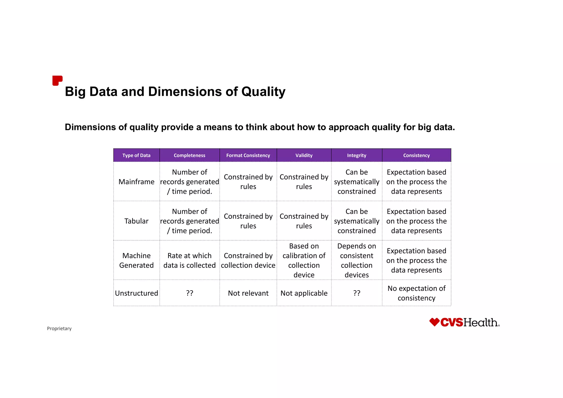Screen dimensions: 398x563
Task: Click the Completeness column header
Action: point(189,155)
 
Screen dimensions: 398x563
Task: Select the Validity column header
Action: point(304,155)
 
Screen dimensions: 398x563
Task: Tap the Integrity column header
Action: point(357,155)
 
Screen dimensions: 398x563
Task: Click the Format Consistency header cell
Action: point(248,155)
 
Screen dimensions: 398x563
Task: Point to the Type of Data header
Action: point(136,155)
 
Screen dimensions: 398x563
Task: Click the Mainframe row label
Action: point(136,182)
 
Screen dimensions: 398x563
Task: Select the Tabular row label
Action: point(136,221)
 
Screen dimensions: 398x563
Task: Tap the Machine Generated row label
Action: point(136,260)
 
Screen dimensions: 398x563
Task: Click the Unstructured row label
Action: point(136,293)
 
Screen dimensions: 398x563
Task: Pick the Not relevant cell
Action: point(248,293)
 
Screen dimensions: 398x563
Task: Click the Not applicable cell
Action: point(304,293)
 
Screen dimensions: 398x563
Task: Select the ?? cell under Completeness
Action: point(189,293)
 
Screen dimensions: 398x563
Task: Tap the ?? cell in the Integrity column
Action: point(357,293)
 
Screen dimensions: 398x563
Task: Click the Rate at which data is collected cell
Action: point(189,260)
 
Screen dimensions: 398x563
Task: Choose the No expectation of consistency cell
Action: point(416,293)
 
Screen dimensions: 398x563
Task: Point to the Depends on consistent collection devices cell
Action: point(357,260)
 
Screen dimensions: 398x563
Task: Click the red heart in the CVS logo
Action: point(434,322)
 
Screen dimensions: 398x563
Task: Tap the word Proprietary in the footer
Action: point(59,328)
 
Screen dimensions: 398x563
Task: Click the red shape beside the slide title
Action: point(57,81)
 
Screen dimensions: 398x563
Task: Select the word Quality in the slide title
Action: point(263,92)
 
